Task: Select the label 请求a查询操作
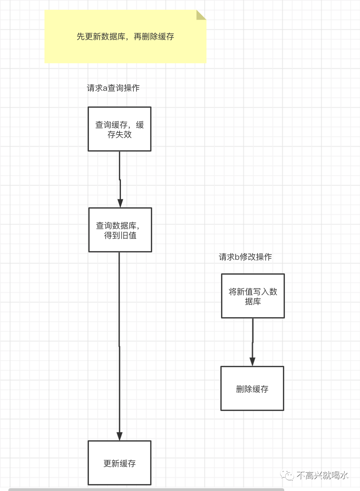113,88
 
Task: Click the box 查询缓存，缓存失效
120,129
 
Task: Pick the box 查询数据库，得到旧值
120,230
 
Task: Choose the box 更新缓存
120,463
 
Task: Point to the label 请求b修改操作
245,257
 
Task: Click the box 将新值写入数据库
253,296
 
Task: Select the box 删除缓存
252,388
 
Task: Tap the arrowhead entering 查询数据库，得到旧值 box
120,203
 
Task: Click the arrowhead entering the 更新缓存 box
120,436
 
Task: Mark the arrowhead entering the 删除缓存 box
253,362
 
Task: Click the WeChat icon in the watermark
287,475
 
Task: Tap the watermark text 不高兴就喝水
322,475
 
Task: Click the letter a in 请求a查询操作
105,88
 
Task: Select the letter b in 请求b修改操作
237,257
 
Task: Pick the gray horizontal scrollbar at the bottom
146,489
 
